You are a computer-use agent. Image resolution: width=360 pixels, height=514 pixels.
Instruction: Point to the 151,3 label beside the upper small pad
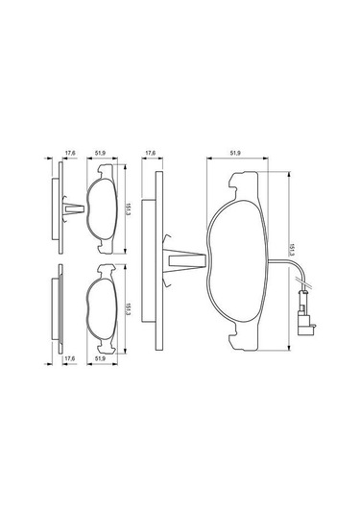click(127, 208)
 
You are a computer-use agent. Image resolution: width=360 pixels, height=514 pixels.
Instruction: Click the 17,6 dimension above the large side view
click(150, 152)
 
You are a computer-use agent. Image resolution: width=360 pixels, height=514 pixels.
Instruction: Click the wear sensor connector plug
click(305, 317)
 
